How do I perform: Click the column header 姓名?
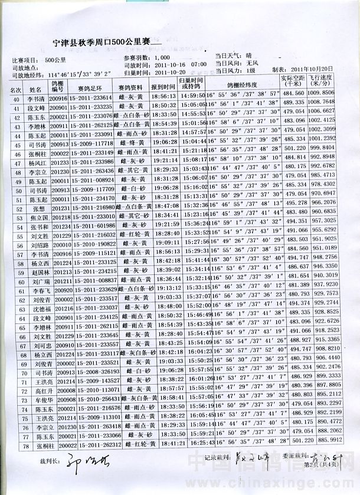35,89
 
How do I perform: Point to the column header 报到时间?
163,87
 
